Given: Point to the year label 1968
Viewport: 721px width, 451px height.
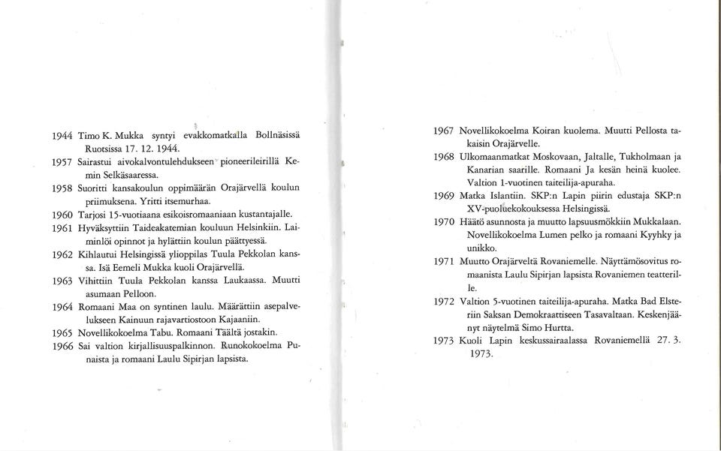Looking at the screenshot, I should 445,157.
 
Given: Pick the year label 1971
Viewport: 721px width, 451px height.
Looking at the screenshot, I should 445,262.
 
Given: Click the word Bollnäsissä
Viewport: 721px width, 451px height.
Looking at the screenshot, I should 270,135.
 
